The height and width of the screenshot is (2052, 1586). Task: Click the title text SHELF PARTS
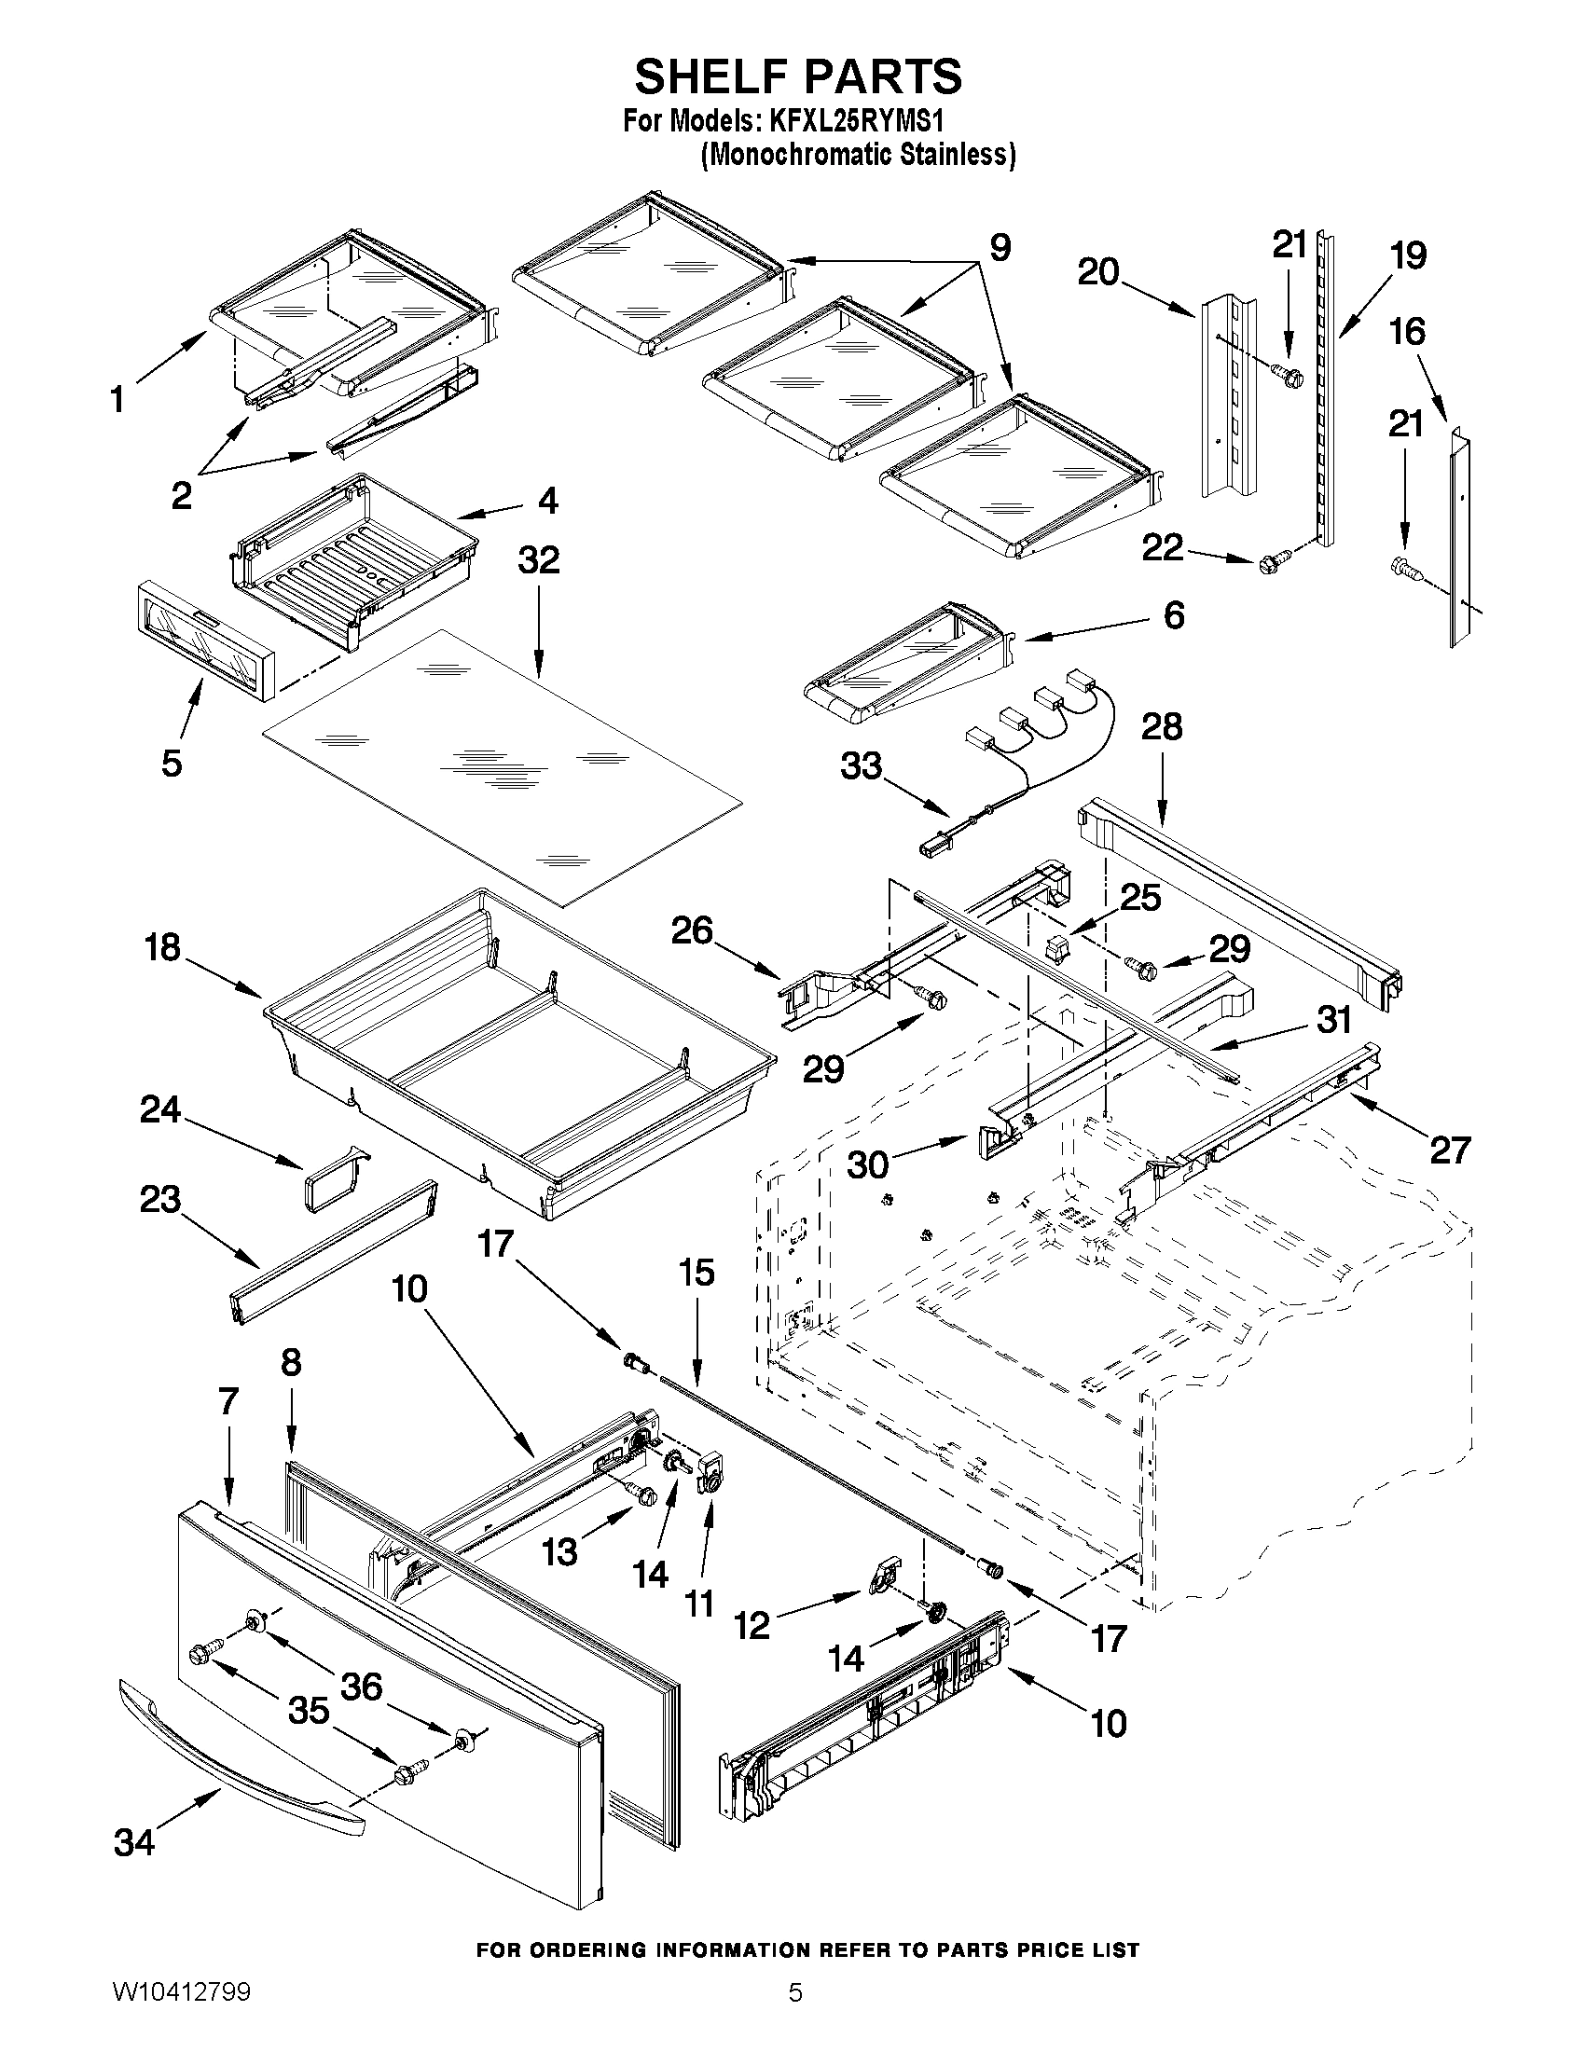tap(798, 76)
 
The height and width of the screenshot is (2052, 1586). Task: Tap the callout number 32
tap(538, 561)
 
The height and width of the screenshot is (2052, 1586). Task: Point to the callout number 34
tap(133, 1842)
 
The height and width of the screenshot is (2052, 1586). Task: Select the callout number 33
tap(861, 765)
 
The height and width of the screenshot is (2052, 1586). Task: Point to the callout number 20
tap(1098, 271)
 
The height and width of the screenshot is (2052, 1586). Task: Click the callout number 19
tap(1409, 255)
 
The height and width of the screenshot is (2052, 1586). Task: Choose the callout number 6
tap(1174, 615)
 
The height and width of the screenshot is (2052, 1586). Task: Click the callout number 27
tap(1449, 1150)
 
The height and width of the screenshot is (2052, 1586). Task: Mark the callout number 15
tap(696, 1274)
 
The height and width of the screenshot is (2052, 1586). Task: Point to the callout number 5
tap(171, 763)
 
